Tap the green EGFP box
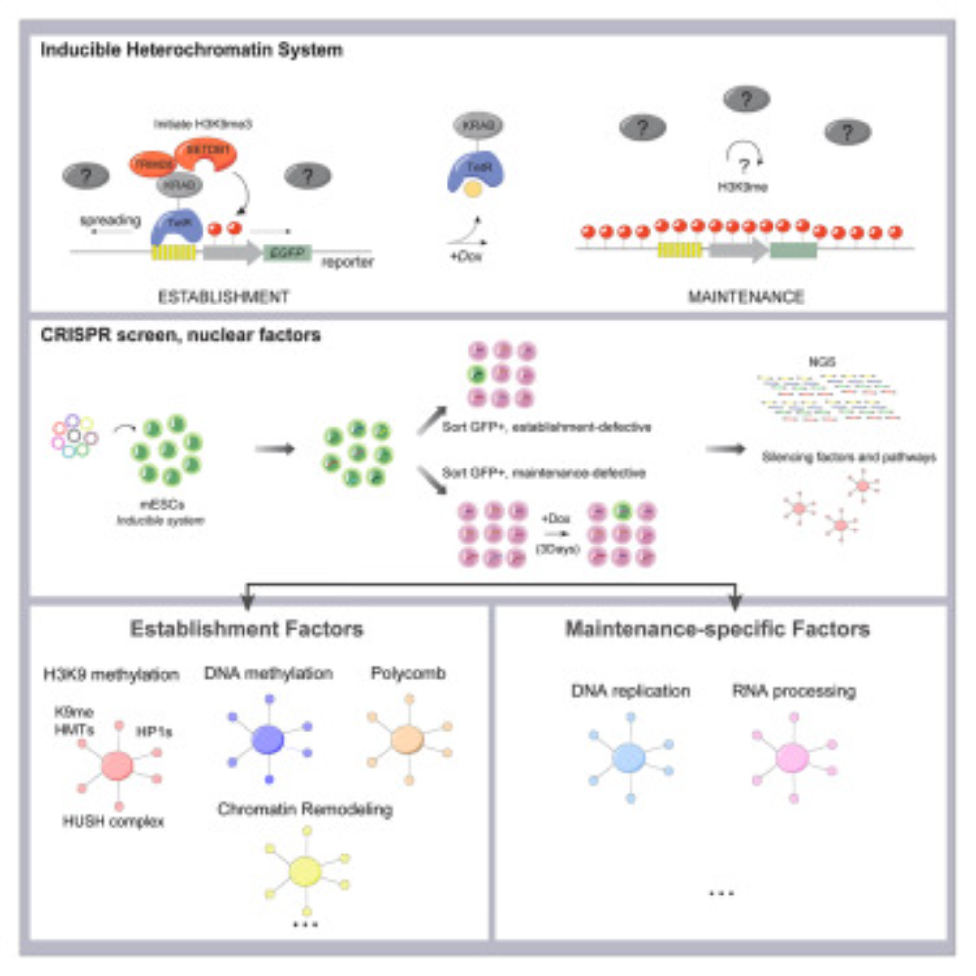tap(287, 253)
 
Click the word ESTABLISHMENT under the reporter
tap(224, 297)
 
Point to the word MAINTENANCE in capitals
tap(746, 297)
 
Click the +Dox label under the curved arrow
tap(466, 256)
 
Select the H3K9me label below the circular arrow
tap(742, 187)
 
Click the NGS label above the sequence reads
tap(822, 362)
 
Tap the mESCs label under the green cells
tap(162, 504)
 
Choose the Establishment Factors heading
tap(246, 630)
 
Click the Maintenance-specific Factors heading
tap(717, 630)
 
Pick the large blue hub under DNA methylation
tap(268, 740)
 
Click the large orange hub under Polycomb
tap(407, 740)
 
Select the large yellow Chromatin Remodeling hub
tap(305, 871)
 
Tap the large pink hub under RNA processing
tap(792, 758)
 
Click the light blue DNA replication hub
tap(629, 758)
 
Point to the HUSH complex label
tap(113, 822)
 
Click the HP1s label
tap(154, 732)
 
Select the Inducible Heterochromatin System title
tap(191, 50)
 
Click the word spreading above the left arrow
tap(110, 220)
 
